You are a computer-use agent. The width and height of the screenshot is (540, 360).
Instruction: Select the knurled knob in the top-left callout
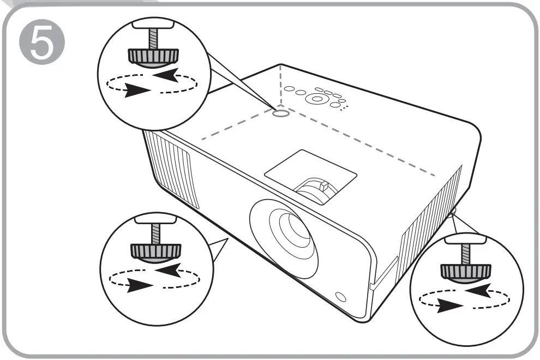153,56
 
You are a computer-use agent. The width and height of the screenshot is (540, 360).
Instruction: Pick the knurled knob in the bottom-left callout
156,249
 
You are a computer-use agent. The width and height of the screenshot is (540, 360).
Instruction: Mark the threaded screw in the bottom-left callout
156,233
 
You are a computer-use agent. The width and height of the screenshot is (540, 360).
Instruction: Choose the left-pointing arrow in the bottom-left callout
174,269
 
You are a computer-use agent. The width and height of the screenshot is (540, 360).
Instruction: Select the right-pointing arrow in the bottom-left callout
140,284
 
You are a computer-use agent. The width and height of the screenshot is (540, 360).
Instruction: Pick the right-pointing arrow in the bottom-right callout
448,306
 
